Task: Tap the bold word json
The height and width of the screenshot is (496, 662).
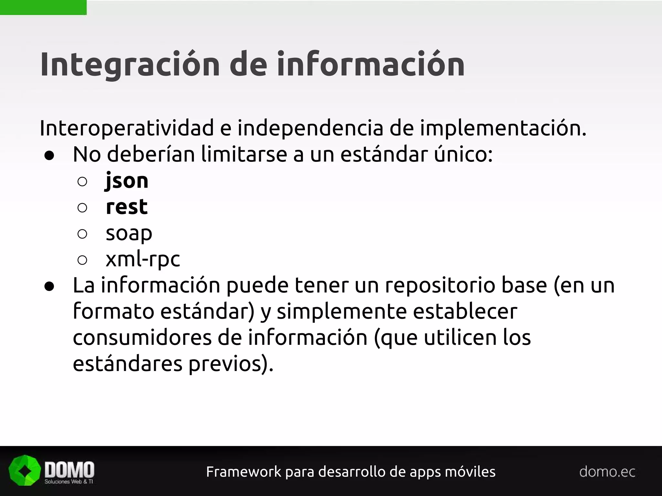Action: click(x=127, y=181)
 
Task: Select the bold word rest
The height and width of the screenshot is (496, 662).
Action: click(x=127, y=207)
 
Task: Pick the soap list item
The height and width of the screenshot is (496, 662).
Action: click(x=129, y=233)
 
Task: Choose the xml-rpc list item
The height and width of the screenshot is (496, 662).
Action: click(x=143, y=259)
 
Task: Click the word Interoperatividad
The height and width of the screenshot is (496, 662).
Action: click(x=127, y=128)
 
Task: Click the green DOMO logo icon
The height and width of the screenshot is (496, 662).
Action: click(x=24, y=470)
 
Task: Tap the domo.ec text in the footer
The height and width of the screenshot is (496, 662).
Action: click(x=607, y=472)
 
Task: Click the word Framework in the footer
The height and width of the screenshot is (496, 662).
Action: click(x=244, y=472)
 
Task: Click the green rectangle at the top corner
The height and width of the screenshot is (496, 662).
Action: click(x=43, y=7)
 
